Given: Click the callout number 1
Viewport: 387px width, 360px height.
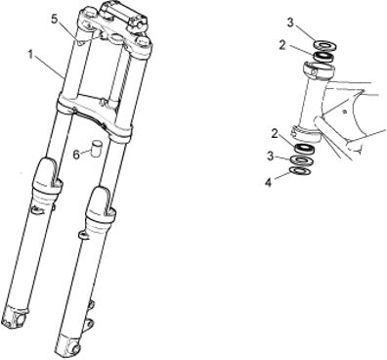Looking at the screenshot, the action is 30,55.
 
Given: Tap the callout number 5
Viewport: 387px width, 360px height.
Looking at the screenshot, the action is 55,19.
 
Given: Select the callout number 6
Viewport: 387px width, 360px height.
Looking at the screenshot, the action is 76,155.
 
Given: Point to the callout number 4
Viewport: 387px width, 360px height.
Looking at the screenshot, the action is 268,183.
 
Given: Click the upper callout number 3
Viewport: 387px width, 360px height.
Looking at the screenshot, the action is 290,22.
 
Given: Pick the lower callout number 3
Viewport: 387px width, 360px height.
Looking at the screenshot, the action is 270,157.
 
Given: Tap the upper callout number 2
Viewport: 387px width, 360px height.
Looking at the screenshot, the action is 282,45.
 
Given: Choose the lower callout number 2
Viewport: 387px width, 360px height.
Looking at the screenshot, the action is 275,133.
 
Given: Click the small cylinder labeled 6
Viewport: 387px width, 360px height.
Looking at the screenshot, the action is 97,148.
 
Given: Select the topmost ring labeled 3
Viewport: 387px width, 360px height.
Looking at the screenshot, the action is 324,45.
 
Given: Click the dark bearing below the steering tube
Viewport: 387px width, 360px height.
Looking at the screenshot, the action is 305,149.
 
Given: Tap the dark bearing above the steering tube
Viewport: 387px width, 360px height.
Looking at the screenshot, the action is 323,56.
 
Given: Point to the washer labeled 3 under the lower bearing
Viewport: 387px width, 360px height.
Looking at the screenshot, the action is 303,160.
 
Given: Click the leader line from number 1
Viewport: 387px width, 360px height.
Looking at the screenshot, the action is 50,67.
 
